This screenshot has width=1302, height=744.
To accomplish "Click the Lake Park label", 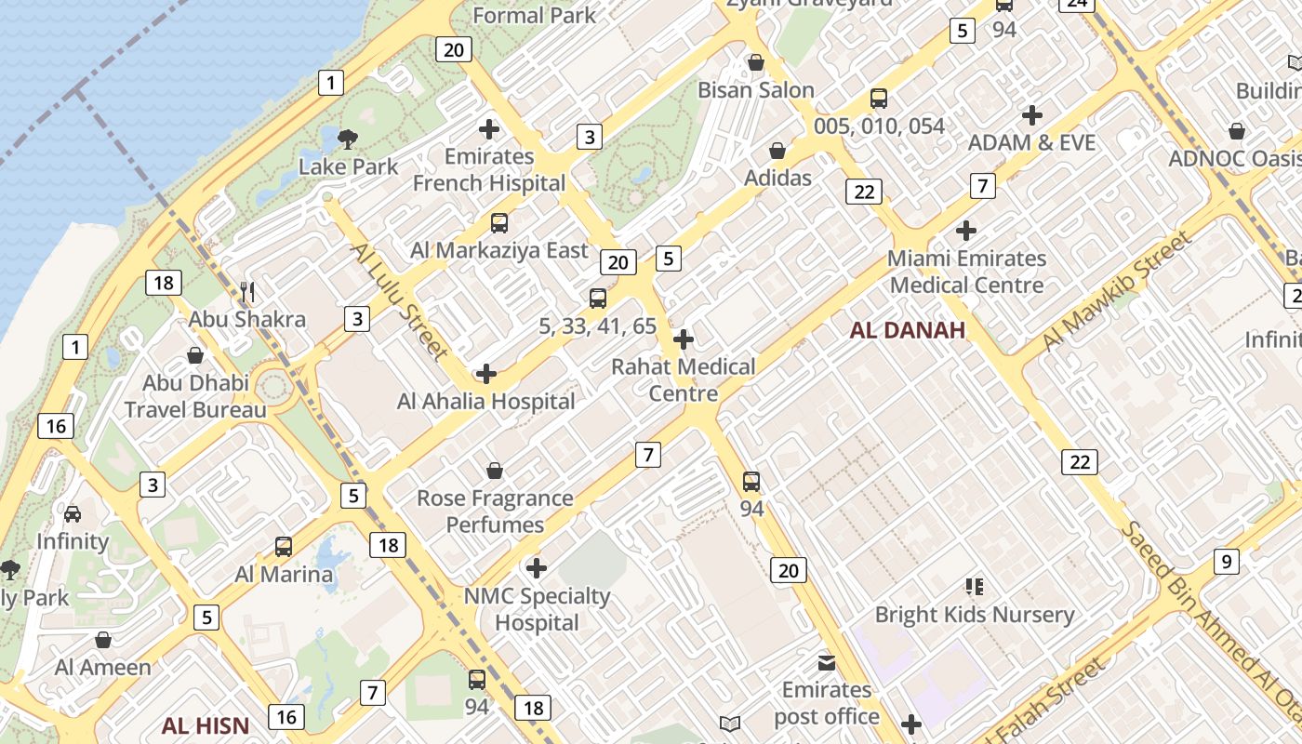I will [x=348, y=167].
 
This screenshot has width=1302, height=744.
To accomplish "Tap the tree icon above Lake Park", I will [x=348, y=140].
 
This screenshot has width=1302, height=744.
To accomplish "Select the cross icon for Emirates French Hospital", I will [x=489, y=129].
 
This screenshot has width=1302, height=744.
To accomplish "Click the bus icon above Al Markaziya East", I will [x=499, y=223].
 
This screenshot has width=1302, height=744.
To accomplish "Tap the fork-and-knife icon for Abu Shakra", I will [x=247, y=292].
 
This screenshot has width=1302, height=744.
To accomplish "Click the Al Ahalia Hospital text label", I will [x=486, y=402].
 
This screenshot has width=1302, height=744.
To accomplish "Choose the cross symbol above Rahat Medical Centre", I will [x=684, y=339].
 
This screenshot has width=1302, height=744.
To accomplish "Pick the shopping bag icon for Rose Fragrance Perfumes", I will [x=495, y=472].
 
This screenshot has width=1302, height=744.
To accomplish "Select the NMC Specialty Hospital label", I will [x=538, y=609].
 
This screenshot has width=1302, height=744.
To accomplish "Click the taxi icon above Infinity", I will [x=73, y=513].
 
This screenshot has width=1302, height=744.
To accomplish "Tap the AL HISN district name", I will [x=206, y=725].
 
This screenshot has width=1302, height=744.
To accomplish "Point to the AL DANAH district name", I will [x=907, y=330].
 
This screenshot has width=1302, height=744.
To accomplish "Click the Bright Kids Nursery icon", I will [x=974, y=587].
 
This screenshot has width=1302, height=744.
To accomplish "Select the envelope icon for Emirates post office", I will [x=826, y=663].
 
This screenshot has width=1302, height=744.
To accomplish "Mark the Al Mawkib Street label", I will [x=1117, y=290].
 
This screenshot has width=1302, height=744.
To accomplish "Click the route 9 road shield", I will [x=1227, y=562].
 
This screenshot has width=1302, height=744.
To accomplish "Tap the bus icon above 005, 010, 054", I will [x=879, y=99].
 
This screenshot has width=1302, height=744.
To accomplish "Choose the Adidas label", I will [x=778, y=178].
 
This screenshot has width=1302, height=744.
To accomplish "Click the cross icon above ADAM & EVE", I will [x=1032, y=115].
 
